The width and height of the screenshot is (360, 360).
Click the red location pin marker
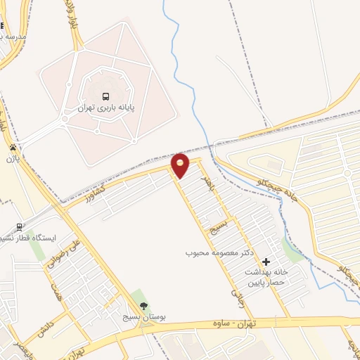181,165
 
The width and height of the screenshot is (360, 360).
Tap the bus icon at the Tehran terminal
105,96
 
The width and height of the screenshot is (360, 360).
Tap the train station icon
20,226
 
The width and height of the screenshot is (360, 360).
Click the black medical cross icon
266,262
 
